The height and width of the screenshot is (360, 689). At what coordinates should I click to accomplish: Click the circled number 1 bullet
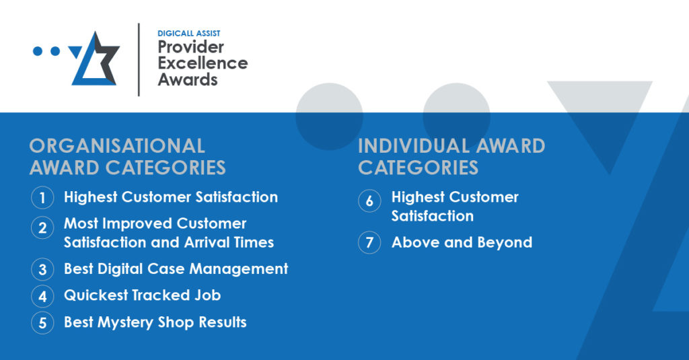click(42, 197)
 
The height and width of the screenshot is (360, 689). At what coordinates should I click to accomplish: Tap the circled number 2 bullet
click(42, 227)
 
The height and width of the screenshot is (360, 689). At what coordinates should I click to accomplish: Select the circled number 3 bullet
click(42, 269)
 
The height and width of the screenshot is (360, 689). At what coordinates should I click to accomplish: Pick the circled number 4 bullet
click(42, 296)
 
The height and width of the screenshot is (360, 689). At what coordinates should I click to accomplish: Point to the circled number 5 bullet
click(42, 322)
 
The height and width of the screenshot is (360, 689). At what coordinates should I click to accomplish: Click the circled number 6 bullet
click(369, 201)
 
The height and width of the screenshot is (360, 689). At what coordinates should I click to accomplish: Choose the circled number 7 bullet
click(369, 242)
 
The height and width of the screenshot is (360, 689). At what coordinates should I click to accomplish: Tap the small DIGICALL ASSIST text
click(189, 34)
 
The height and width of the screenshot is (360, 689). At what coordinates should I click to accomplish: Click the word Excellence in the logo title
click(203, 63)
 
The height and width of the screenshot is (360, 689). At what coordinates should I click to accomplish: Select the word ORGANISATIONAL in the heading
click(117, 147)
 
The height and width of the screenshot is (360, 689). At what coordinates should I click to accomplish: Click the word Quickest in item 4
click(96, 295)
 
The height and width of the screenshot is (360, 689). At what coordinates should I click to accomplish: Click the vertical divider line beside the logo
click(139, 59)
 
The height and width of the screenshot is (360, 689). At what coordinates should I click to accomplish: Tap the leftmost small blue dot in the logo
click(38, 51)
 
